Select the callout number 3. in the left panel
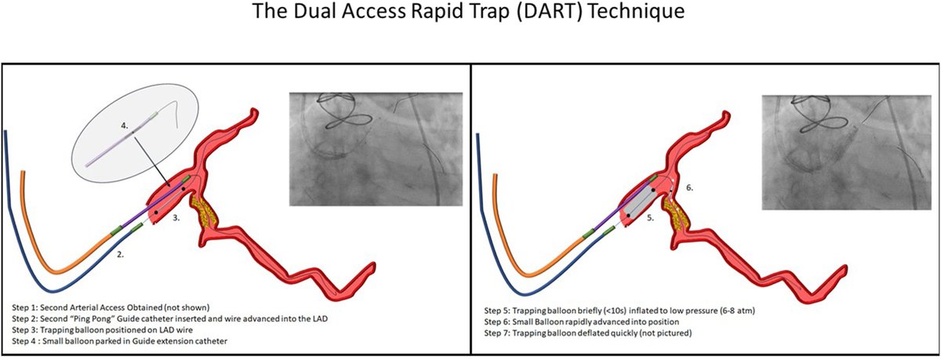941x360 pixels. [178, 219]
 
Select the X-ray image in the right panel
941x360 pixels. [843, 153]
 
